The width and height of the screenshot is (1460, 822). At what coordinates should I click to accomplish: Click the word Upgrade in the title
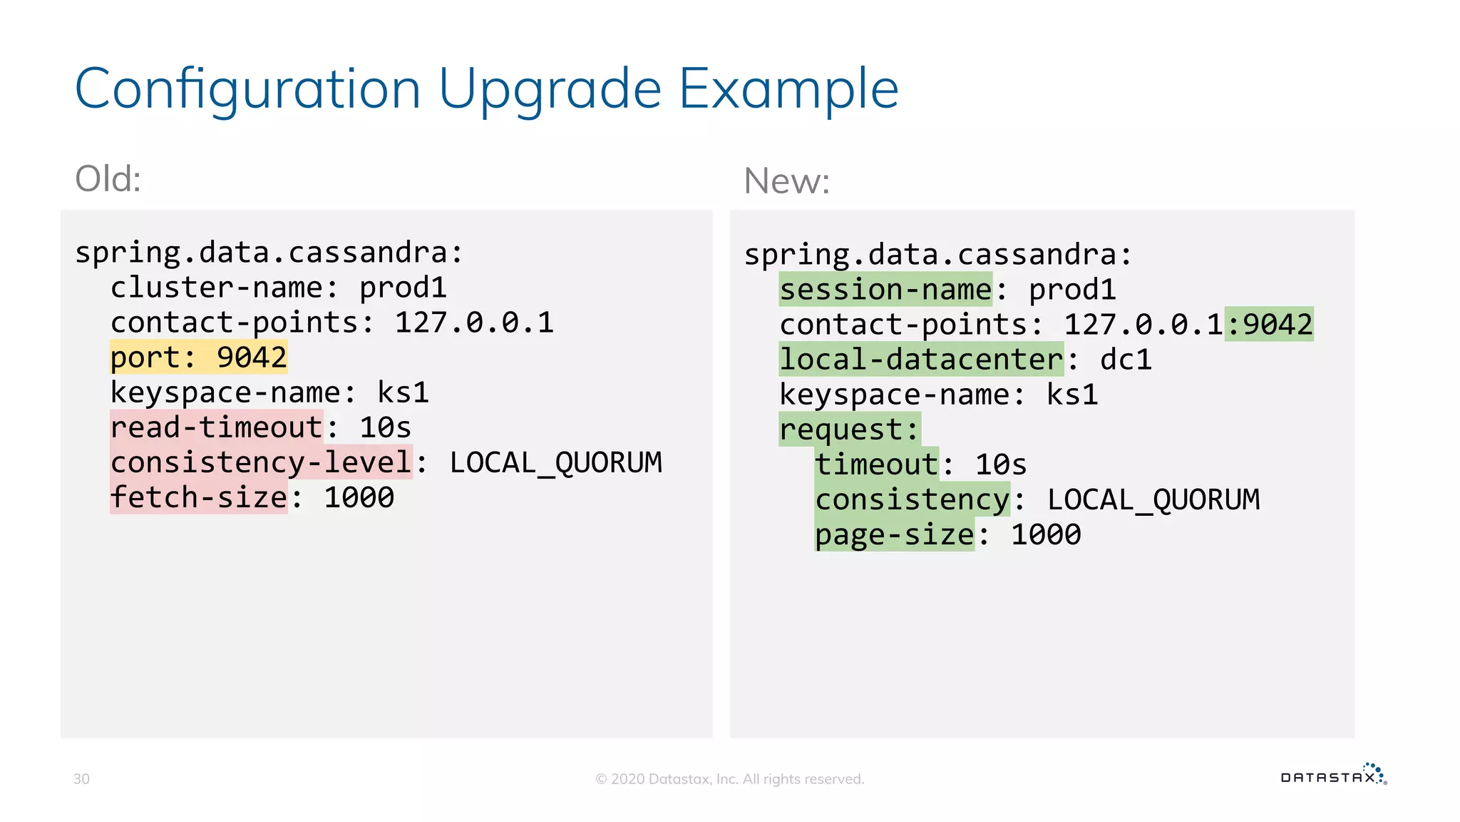coord(550,90)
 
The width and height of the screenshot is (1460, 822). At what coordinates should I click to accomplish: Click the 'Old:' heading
coord(108,178)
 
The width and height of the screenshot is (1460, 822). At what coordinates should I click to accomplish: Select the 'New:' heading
coord(786,181)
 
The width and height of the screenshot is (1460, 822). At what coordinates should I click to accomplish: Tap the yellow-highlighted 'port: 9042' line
coord(198,357)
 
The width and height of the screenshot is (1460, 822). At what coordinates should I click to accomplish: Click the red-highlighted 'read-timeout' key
coord(216,427)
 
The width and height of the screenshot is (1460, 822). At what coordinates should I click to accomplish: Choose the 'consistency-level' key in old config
coord(261,462)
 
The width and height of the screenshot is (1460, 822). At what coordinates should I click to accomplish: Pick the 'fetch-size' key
coord(198,497)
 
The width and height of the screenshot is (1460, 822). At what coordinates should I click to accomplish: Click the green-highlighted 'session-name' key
coord(885,290)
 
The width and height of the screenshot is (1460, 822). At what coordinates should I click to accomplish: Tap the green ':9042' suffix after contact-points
coord(1269,325)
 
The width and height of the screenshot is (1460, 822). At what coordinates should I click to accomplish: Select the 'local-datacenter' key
coord(921,360)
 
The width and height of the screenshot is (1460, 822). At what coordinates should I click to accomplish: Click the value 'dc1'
coord(1126,360)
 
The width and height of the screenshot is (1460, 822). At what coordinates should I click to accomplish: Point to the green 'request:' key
coord(849,430)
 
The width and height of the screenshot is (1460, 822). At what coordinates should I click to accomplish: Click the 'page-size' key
coord(894,534)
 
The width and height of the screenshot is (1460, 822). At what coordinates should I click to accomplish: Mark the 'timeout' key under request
coord(876,465)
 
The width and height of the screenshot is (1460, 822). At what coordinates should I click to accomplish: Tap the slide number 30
coord(81,779)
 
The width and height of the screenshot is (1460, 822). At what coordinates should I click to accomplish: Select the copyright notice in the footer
coord(729,779)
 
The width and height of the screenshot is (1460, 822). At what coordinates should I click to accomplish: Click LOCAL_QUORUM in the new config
coord(1153,499)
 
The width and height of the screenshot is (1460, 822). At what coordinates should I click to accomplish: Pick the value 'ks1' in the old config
coord(403,392)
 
